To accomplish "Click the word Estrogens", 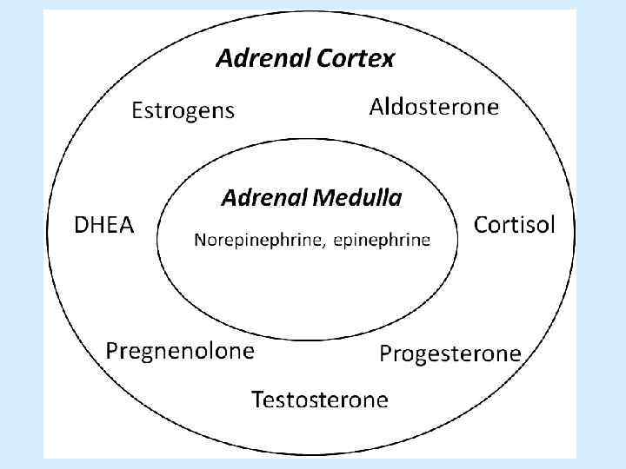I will [x=183, y=111].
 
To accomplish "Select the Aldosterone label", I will [x=434, y=107].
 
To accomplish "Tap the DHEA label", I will [x=103, y=226].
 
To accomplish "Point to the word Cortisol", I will [x=513, y=225].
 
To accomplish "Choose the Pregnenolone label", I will [x=180, y=351].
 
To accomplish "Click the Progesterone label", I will [x=450, y=353].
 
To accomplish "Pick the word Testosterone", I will [x=319, y=400].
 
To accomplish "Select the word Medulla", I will [x=359, y=198].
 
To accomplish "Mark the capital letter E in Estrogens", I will [x=137, y=110].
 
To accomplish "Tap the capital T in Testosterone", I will [x=258, y=400].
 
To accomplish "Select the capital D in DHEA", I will [x=80, y=226].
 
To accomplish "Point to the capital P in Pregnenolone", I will [x=112, y=350].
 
